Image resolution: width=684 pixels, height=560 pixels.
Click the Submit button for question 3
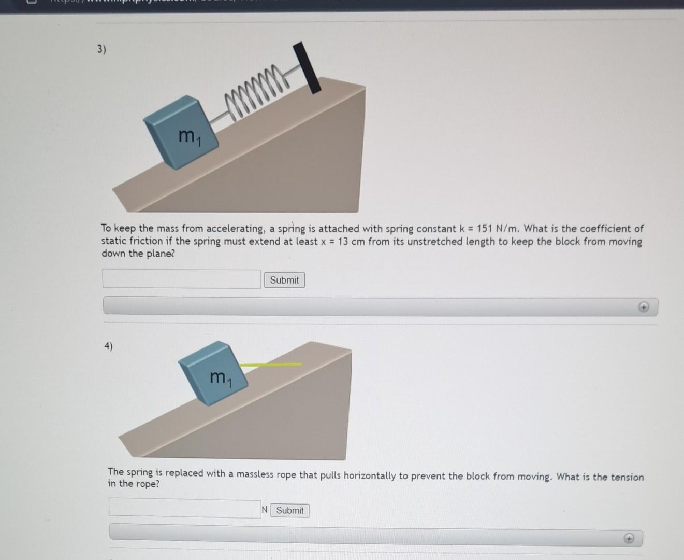click(284, 280)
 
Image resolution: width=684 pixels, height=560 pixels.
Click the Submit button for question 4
click(289, 510)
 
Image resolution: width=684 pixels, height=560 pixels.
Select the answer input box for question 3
click(181, 279)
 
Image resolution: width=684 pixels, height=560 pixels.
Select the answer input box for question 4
click(184, 508)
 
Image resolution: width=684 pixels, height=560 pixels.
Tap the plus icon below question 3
click(643, 307)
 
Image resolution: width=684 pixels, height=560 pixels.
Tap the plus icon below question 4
click(628, 539)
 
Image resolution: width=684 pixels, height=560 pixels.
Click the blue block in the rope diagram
click(212, 371)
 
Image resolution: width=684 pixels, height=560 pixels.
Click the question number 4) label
click(108, 346)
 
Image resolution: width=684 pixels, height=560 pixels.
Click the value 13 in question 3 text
click(343, 242)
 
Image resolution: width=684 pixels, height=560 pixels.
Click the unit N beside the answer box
click(265, 510)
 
